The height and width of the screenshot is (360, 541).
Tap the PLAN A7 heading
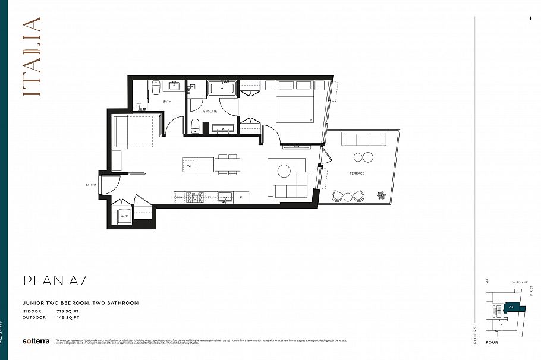[55, 280]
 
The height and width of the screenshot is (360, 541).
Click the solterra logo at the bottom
[35, 341]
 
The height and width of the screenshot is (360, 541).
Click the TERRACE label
[357, 173]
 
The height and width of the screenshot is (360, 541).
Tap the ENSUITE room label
[210, 111]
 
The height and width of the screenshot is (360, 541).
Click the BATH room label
[167, 102]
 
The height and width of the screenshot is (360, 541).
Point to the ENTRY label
[91, 185]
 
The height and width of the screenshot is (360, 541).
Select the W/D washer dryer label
[125, 217]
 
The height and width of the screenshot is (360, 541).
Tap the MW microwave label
[180, 197]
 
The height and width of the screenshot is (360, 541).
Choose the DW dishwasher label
[210, 197]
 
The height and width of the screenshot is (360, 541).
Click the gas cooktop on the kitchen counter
[195, 197]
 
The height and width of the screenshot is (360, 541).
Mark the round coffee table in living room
[284, 171]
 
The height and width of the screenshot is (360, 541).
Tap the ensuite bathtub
[222, 89]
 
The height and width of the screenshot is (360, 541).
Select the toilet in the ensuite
[195, 125]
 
